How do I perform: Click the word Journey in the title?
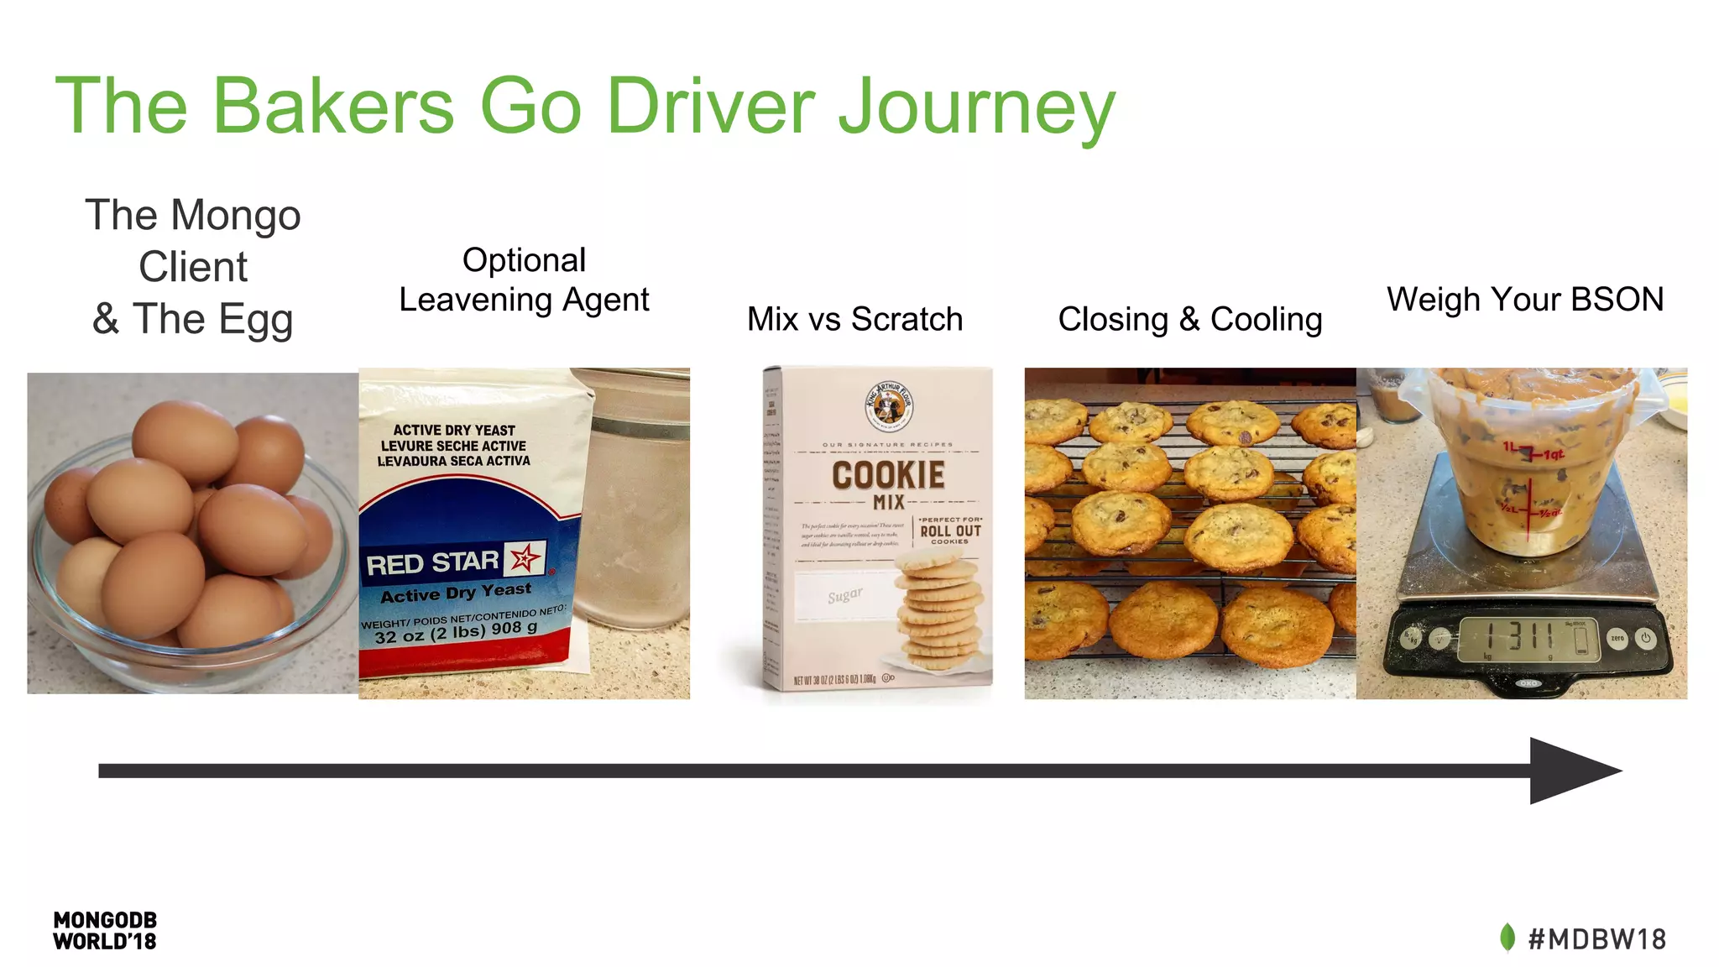(977, 107)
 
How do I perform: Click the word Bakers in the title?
(333, 107)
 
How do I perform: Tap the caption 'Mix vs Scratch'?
(854, 319)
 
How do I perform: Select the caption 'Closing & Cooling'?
(1189, 319)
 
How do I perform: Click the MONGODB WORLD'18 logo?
(105, 931)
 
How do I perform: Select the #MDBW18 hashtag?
(1597, 938)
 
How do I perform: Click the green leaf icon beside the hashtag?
(1507, 938)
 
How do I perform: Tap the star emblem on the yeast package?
(525, 557)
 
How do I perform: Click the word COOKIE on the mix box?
(888, 475)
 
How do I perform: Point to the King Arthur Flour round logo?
(889, 405)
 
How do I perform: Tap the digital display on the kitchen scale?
(1528, 637)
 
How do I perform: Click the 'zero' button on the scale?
(1617, 638)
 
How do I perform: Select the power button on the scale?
(1645, 638)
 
